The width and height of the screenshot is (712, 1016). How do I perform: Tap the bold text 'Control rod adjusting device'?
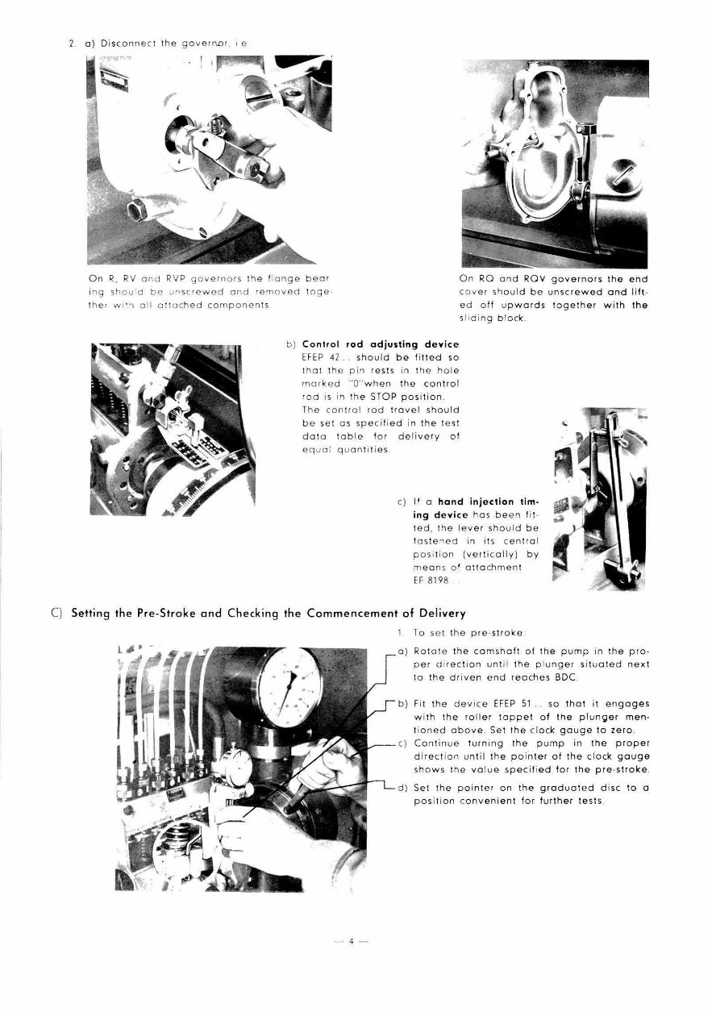[x=380, y=344]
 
